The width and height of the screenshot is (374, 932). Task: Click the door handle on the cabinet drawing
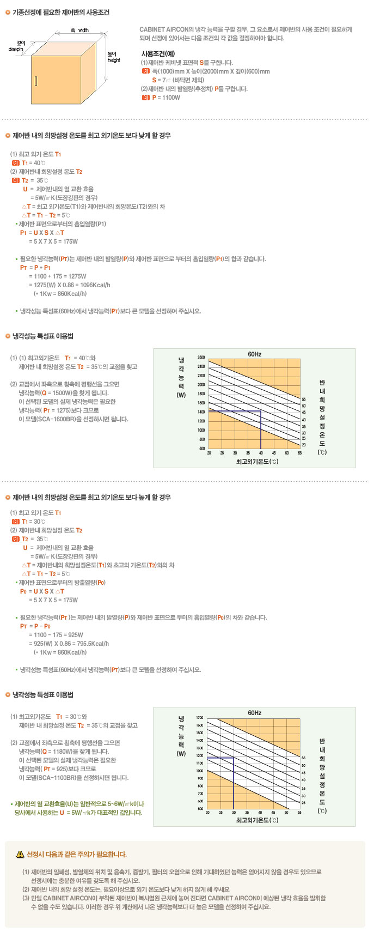point(36,81)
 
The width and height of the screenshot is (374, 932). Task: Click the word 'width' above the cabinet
point(83,31)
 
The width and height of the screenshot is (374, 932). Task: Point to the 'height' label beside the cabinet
point(114,60)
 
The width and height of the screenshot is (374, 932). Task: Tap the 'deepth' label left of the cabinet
point(16,49)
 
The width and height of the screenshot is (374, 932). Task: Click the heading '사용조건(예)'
point(158,53)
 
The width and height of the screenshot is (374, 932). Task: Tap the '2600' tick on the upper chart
point(201,358)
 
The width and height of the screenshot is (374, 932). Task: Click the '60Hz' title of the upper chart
point(255,354)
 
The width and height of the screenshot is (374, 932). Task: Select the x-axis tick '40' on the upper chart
point(261,453)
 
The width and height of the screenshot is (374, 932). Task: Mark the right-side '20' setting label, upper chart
point(304,445)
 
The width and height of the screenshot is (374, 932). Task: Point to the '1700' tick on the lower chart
point(200,718)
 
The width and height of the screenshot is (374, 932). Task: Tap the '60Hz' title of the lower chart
point(255,713)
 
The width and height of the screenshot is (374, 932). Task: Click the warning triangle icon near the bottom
point(20,854)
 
